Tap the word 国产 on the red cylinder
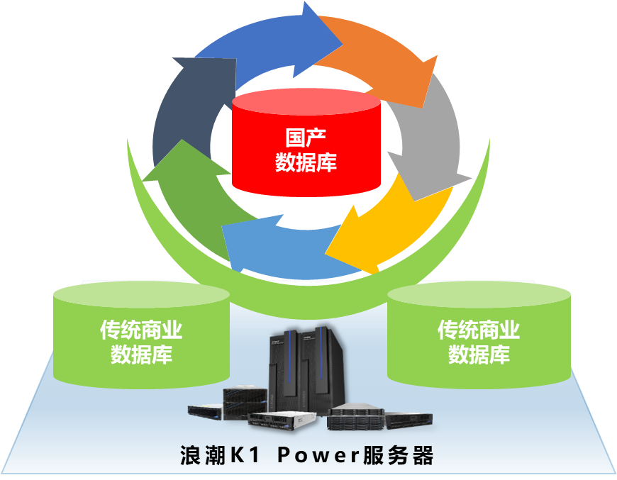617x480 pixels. [306, 137]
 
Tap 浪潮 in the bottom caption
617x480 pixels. [202, 454]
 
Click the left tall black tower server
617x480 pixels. [285, 369]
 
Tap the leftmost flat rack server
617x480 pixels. [206, 409]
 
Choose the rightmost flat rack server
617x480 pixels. [408, 420]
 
